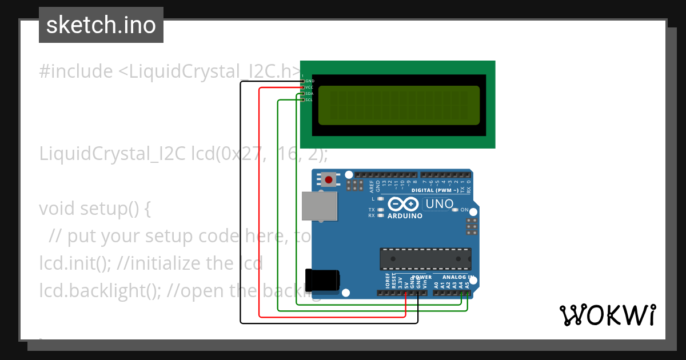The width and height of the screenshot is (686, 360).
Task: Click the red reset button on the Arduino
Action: coord(328,180)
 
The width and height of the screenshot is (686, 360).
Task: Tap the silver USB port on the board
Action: coord(320,206)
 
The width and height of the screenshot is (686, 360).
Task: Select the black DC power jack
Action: coord(322,280)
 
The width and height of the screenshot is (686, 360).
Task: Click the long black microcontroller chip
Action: coord(426,259)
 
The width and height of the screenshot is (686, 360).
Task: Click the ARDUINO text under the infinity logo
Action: coord(405,216)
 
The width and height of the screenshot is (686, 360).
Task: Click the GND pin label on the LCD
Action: coord(310,81)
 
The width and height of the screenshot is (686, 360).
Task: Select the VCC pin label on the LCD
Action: coord(309,87)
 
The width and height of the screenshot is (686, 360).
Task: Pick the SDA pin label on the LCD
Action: coord(309,94)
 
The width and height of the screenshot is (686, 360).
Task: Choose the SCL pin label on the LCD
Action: coord(309,100)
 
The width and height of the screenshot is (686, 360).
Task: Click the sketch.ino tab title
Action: coord(101,25)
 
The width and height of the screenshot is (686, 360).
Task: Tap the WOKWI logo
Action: coord(607,315)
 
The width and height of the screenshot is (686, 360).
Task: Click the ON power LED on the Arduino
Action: coord(456,210)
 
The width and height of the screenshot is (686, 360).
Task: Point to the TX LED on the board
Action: coord(380,210)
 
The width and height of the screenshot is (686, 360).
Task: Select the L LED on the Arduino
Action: coord(380,199)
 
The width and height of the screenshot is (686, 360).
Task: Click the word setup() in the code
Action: coord(109,209)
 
